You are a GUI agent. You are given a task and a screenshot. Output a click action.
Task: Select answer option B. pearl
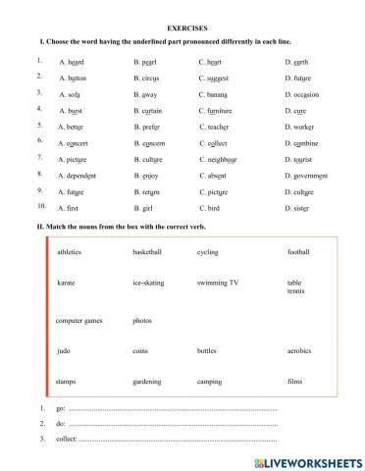pyautogui.click(x=147, y=62)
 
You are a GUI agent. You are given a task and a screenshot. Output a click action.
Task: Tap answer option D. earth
pyautogui.click(x=299, y=62)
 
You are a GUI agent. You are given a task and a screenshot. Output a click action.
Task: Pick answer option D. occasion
pyautogui.click(x=304, y=94)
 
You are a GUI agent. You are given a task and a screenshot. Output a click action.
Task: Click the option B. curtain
pyautogui.click(x=151, y=111)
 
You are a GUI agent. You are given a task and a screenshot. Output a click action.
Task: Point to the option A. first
pyautogui.click(x=68, y=208)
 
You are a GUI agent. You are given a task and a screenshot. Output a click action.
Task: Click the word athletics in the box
pyautogui.click(x=70, y=252)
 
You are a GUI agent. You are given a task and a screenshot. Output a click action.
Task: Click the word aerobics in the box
pyautogui.click(x=300, y=350)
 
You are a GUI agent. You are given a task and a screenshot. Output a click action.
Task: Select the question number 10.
pyautogui.click(x=40, y=207)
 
